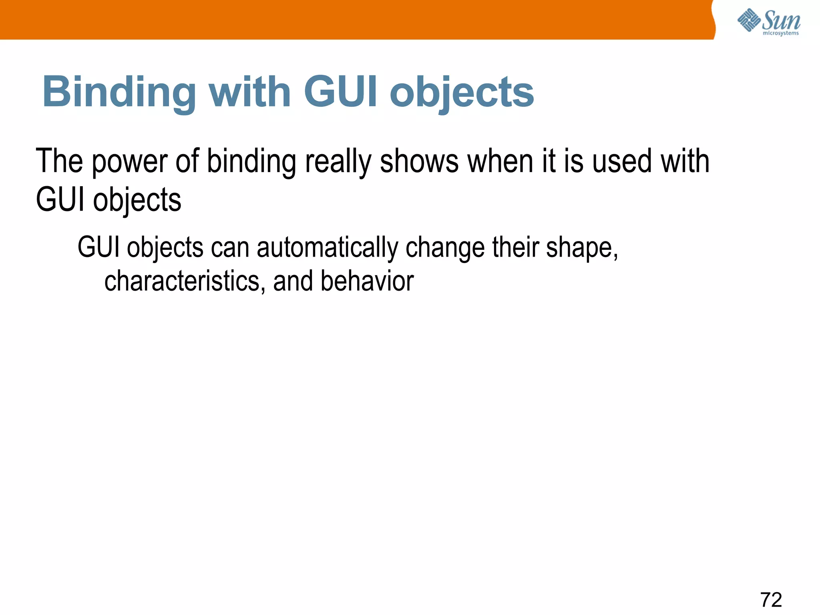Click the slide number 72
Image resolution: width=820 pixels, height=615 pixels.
pyautogui.click(x=771, y=600)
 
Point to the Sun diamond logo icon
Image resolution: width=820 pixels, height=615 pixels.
pyautogui.click(x=749, y=20)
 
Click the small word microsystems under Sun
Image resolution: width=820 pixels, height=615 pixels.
pyautogui.click(x=780, y=33)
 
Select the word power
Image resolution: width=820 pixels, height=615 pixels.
pyautogui.click(x=129, y=162)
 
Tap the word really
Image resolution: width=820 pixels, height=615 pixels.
pyautogui.click(x=338, y=162)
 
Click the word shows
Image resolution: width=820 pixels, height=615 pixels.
pyautogui.click(x=419, y=162)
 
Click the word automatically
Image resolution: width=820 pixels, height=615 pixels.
pyautogui.click(x=327, y=248)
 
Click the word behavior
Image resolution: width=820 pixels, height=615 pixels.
pyautogui.click(x=367, y=281)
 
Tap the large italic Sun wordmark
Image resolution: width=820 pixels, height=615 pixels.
pyautogui.click(x=781, y=20)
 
